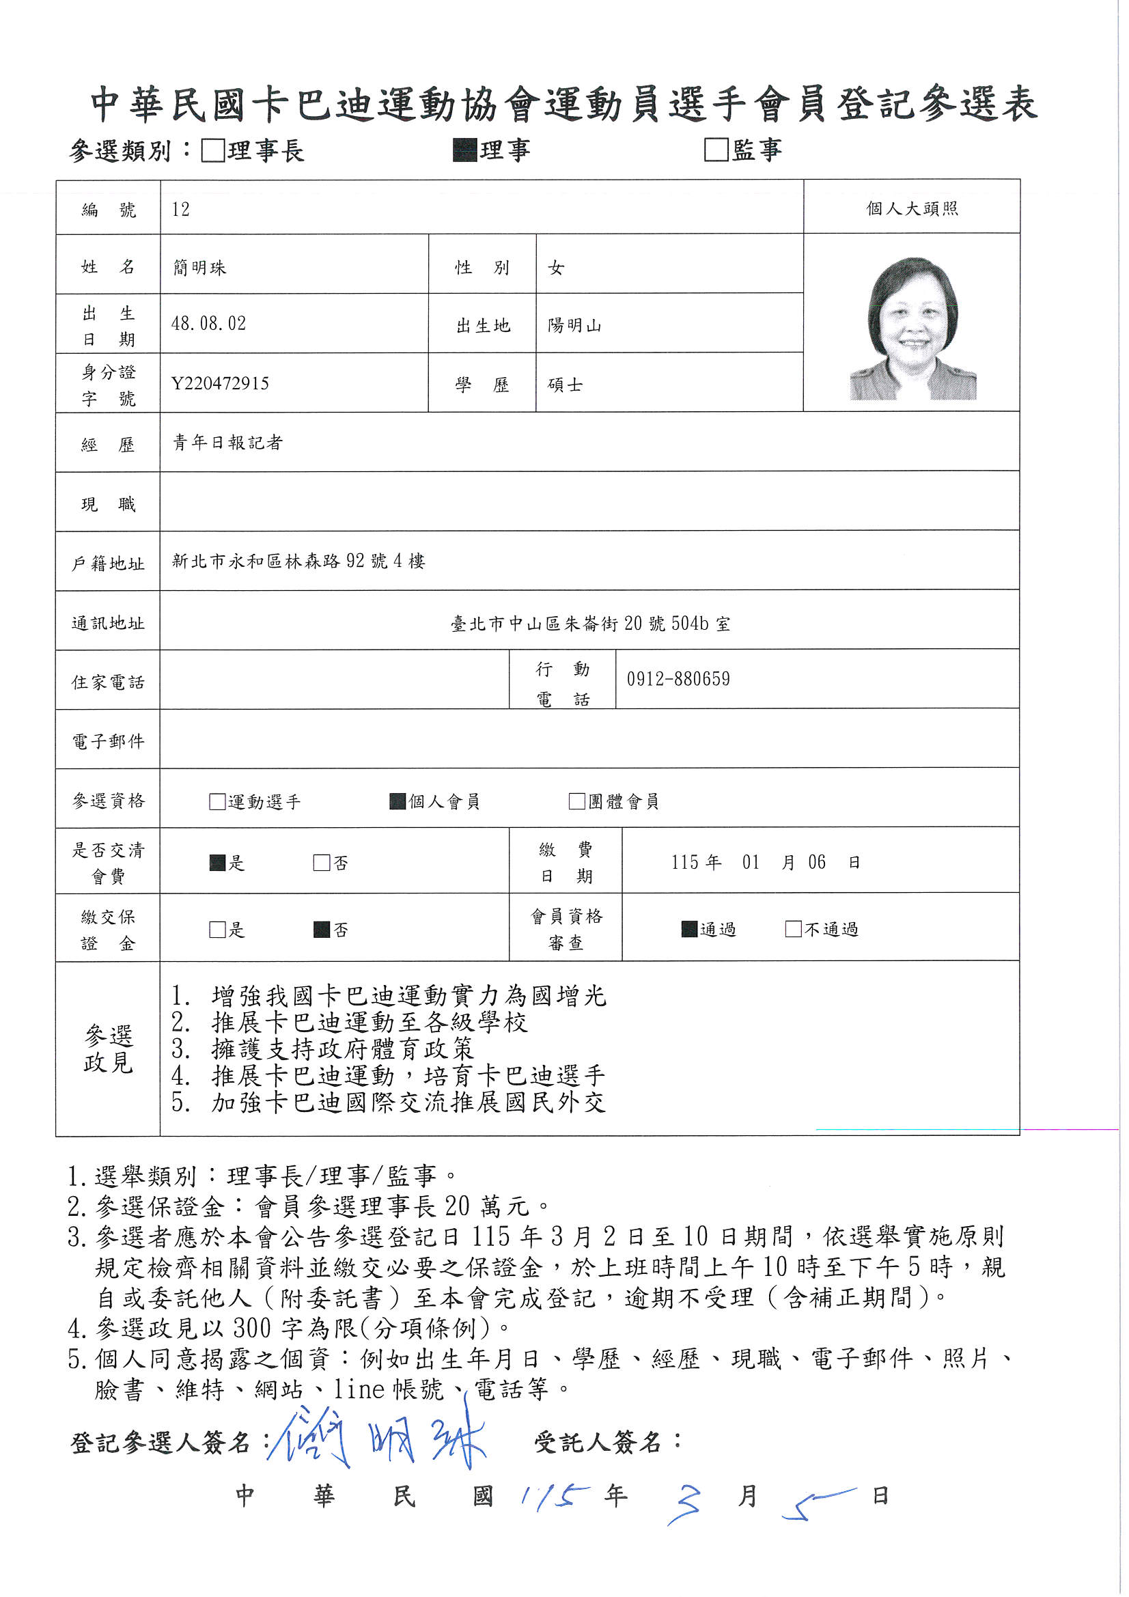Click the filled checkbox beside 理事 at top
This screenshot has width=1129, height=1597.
point(464,150)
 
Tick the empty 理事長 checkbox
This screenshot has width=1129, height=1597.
point(213,150)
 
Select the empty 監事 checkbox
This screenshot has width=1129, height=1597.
point(716,150)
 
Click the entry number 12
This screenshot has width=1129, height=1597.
point(180,210)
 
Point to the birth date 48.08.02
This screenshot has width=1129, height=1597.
point(209,324)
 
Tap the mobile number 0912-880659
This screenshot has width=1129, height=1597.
point(678,679)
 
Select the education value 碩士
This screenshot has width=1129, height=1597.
point(565,385)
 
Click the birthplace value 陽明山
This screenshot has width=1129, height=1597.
point(574,326)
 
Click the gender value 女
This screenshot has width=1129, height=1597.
point(556,268)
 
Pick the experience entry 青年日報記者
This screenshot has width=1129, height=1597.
point(227,443)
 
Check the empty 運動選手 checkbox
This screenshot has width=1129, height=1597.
point(217,801)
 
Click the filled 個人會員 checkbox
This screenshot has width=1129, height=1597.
point(398,801)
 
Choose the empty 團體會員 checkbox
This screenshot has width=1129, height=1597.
point(576,801)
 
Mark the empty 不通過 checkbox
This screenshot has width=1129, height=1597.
point(793,929)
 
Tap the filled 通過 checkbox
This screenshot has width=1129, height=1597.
point(689,929)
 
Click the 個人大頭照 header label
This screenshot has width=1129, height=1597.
point(911,208)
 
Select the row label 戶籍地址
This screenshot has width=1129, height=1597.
point(108,564)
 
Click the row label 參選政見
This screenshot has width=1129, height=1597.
point(108,1049)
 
